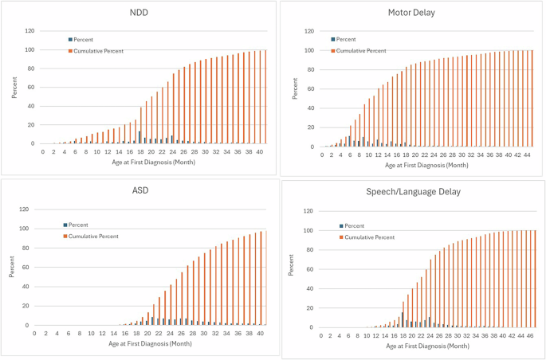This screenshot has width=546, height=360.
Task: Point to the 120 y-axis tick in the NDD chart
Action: point(29,31)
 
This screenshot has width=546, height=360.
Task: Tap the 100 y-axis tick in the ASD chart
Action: point(29,229)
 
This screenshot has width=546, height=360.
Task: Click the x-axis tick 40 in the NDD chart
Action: point(260,151)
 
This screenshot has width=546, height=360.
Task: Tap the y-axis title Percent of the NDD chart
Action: point(14,88)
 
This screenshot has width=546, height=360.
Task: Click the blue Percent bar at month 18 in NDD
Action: point(139,138)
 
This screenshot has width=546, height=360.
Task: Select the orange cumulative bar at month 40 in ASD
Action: point(261,279)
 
